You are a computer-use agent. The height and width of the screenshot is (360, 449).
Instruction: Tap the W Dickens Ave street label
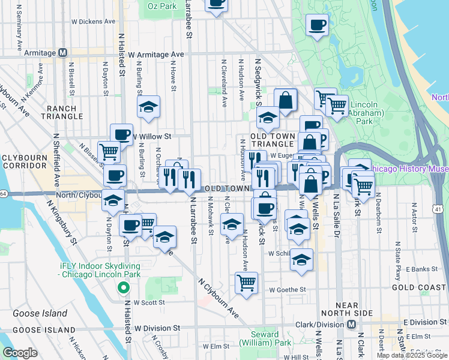coord(93,22)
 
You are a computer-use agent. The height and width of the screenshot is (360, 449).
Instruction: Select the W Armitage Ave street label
coord(155,55)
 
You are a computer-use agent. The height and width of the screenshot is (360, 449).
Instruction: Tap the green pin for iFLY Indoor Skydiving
coord(124,288)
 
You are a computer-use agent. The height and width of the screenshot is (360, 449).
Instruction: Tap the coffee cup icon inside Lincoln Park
coord(317,25)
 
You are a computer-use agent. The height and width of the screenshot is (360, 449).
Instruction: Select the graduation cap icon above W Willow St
coord(148,107)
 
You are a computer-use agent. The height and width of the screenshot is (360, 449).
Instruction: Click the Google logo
coord(20,353)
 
